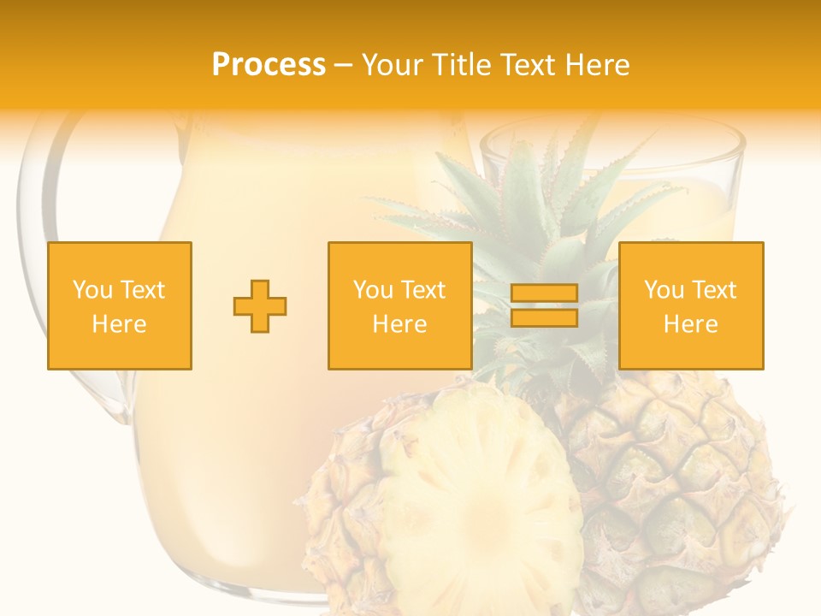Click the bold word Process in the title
tap(269, 65)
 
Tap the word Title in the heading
tap(459, 65)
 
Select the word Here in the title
tap(597, 65)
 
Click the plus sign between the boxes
tap(260, 306)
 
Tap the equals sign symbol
tap(544, 305)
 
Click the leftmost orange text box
tap(120, 305)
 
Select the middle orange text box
tap(399, 305)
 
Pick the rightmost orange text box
tap(690, 305)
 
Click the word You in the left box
tap(92, 290)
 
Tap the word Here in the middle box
tap(399, 324)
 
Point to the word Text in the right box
tap(714, 290)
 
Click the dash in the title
tap(343, 65)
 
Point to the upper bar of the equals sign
tap(544, 293)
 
